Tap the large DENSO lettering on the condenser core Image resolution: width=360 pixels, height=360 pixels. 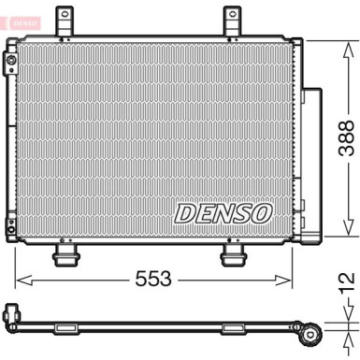pyautogui.click(x=222, y=214)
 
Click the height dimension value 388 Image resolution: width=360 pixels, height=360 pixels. pyautogui.click(x=345, y=139)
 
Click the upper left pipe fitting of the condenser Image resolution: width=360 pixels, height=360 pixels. pyautogui.click(x=10, y=63)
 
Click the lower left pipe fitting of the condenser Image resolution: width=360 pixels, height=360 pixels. pyautogui.click(x=10, y=225)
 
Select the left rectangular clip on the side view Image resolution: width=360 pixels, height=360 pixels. pyautogui.click(x=71, y=327)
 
